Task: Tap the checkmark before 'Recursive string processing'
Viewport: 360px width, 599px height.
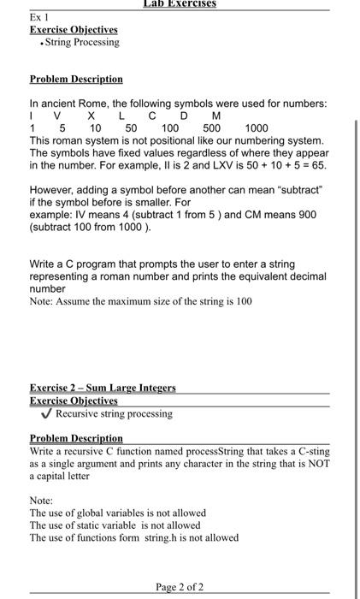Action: point(47,413)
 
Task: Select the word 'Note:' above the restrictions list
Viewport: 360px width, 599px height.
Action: point(41,500)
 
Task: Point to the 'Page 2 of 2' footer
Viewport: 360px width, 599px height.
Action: point(180,587)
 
